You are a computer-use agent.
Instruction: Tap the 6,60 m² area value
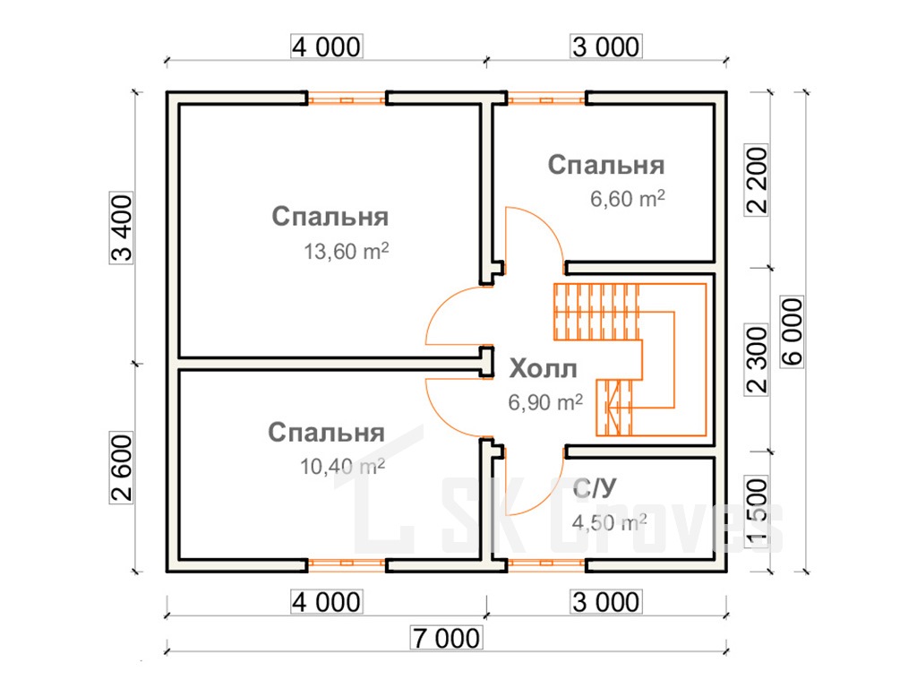[627, 199]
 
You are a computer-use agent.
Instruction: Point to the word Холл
[543, 369]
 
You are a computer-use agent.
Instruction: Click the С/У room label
[593, 489]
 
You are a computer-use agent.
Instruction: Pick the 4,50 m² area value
[609, 522]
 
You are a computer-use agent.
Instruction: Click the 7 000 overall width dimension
[446, 639]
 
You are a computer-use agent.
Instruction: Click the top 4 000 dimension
[326, 46]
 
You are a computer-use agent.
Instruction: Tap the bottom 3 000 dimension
[606, 601]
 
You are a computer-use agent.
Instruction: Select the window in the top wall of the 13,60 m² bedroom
[347, 99]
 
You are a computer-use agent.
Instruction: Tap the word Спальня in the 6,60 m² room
[606, 166]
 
